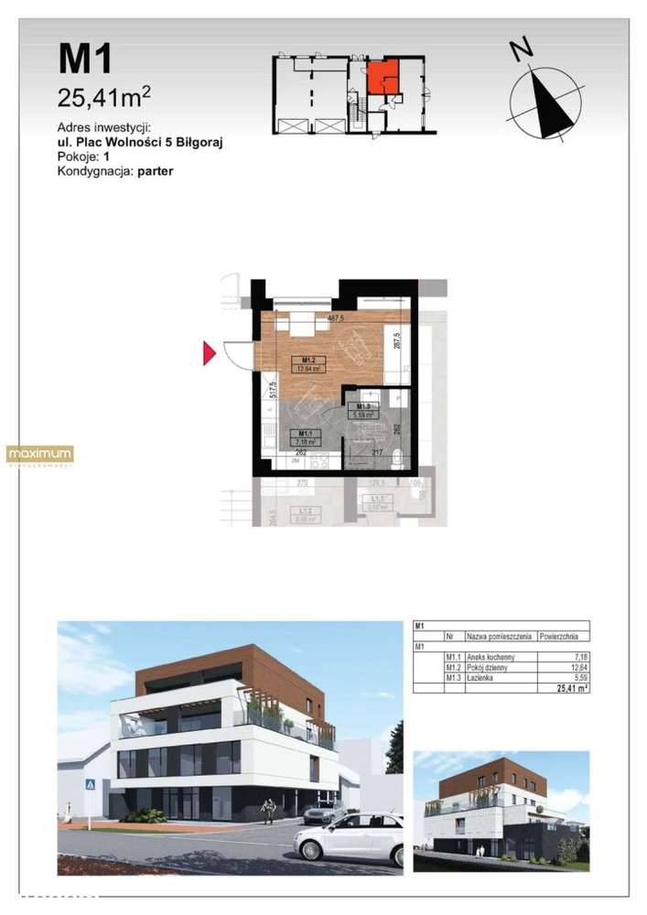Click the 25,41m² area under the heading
click(x=103, y=94)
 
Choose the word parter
click(x=156, y=170)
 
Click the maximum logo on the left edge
click(x=39, y=454)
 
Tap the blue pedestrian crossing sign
click(x=91, y=784)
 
